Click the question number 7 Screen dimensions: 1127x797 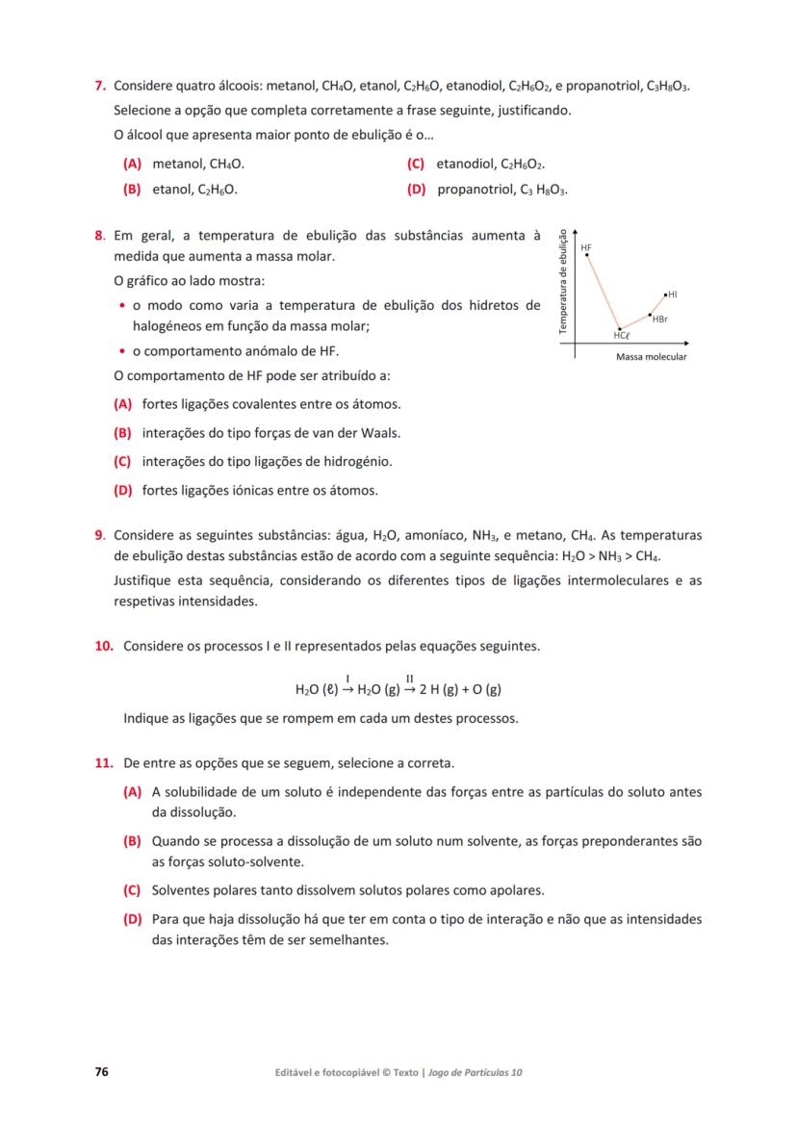[x=98, y=86]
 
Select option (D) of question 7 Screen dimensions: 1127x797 [x=417, y=190]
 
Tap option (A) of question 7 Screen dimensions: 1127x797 [x=132, y=165]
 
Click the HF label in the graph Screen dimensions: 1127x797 [x=586, y=247]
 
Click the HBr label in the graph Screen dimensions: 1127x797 [x=660, y=319]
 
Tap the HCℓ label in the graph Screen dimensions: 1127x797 [x=621, y=335]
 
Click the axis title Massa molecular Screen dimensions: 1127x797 [x=651, y=357]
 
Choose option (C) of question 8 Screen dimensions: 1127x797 [x=122, y=461]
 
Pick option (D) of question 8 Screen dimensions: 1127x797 [x=122, y=490]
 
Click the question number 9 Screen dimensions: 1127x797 [x=99, y=534]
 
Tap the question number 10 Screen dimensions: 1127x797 [x=104, y=646]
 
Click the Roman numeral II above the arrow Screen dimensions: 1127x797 [x=410, y=678]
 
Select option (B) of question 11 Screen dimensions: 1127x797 [x=132, y=840]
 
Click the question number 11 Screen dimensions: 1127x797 [x=104, y=763]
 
